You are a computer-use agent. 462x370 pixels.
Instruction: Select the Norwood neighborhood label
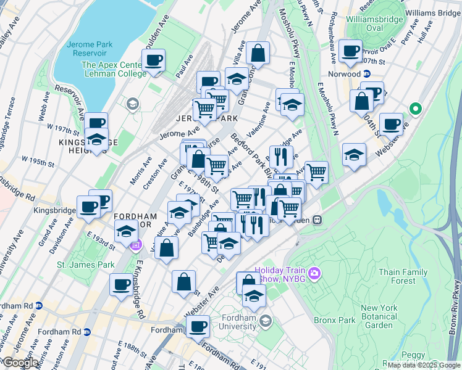click(x=345, y=74)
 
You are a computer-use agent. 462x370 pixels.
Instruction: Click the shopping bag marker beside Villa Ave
click(x=258, y=54)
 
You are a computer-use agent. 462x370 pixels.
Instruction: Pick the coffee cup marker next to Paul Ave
click(x=153, y=60)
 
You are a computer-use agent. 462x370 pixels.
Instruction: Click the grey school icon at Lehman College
click(x=132, y=104)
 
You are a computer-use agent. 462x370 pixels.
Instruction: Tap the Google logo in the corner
click(x=20, y=363)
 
